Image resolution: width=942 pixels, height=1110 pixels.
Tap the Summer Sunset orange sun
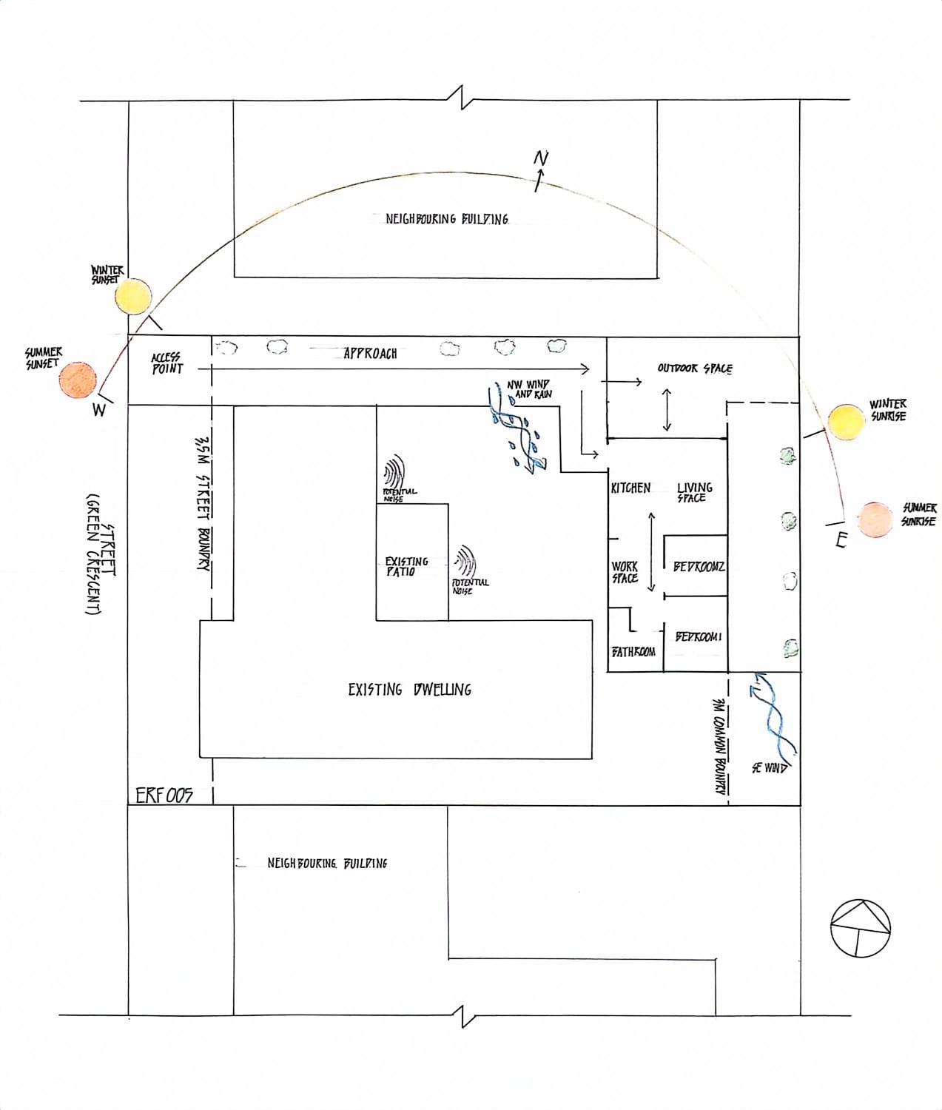coord(79,380)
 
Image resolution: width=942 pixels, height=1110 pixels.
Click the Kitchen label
coord(630,488)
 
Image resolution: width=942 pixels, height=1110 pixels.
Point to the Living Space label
coord(694,492)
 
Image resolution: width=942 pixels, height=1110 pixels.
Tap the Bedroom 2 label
coord(699,567)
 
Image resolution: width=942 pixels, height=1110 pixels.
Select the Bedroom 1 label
coord(698,637)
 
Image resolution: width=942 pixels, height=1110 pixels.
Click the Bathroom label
coord(633,652)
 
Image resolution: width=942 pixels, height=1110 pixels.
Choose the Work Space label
coord(625,572)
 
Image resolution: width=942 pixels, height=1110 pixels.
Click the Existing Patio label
coord(406,567)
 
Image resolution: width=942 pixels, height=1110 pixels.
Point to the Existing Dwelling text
coord(409,690)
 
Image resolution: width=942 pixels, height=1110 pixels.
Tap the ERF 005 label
coord(164,795)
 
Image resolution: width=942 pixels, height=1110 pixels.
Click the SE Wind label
coord(769,768)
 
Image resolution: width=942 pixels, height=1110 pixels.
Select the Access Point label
coord(167,363)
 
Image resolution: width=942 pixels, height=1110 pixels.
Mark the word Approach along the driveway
coord(370,354)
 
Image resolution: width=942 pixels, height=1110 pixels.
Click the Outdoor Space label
coord(695,369)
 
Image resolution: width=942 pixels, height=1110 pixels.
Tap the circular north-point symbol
coord(861,928)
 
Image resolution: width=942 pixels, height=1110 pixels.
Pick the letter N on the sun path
coord(542,158)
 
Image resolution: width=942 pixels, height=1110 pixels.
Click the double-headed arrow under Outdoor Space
coord(667,409)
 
